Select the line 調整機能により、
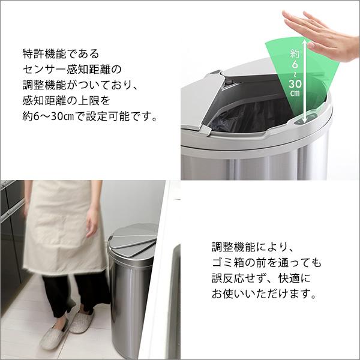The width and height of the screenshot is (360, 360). pos(252,247)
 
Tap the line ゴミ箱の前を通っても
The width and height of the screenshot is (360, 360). pos(266,263)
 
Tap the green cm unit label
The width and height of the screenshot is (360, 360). pos(295,94)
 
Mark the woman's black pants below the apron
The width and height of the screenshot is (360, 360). pos(66,294)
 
